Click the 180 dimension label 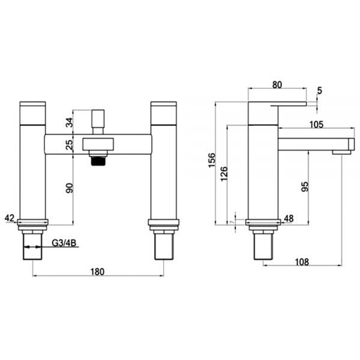[x=97, y=272]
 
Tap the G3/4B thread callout [x=64, y=242]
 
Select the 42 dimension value [x=10, y=218]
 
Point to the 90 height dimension [x=70, y=188]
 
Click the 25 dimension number [x=70, y=145]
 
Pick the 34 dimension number [x=70, y=122]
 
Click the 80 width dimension [x=277, y=85]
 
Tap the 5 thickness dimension [x=320, y=91]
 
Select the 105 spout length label [x=316, y=124]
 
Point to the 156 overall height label [x=212, y=160]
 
